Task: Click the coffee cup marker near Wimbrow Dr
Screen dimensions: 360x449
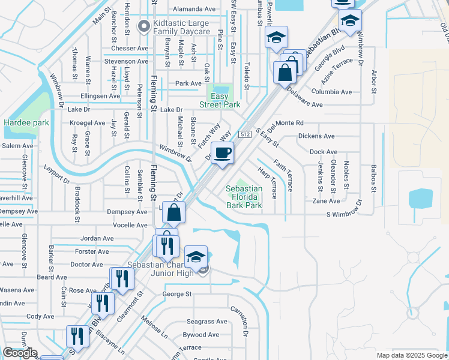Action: coord(223,154)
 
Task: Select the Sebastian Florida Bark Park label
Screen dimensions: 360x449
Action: coord(244,197)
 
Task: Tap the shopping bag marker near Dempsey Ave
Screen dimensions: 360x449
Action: coord(173,212)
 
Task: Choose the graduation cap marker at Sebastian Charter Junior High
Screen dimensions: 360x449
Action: coord(196,257)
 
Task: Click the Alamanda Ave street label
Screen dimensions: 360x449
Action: coord(193,10)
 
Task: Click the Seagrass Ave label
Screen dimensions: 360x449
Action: coord(206,322)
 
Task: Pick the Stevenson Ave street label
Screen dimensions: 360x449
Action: coord(125,61)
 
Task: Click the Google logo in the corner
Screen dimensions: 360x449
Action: coord(19,353)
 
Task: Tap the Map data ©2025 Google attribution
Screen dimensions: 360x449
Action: coord(411,355)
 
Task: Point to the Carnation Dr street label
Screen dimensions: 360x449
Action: coord(245,323)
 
